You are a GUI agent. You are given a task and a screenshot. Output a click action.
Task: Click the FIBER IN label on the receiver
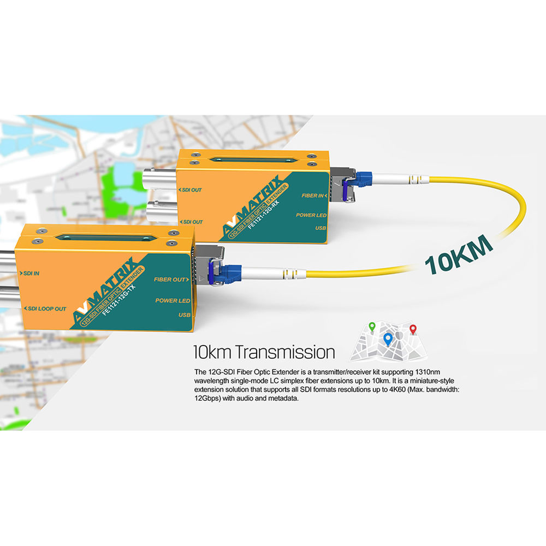314,194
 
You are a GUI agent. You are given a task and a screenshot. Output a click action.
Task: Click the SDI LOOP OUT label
46,308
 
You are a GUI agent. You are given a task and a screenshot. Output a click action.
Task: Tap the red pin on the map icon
413,329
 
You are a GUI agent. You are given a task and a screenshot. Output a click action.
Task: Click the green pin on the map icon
372,327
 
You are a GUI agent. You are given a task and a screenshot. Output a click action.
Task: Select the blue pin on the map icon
388,339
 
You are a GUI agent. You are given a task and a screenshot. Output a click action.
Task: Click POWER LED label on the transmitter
173,300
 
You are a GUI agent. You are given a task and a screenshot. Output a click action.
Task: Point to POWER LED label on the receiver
312,215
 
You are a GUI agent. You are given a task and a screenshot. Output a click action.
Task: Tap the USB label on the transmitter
184,315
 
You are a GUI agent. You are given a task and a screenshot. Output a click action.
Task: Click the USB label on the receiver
321,228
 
